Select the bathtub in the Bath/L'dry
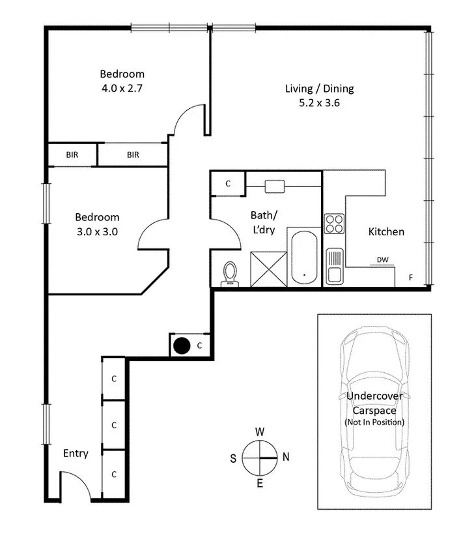[302, 258]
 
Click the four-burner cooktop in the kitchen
[335, 224]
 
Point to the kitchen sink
[335, 267]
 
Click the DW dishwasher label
[382, 259]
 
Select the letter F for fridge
[410, 278]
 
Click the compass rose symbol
[259, 457]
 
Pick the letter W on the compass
[259, 432]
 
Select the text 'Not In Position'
[374, 422]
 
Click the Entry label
[76, 454]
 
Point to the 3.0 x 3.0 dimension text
[97, 231]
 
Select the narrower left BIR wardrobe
[72, 154]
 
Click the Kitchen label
[386, 231]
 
